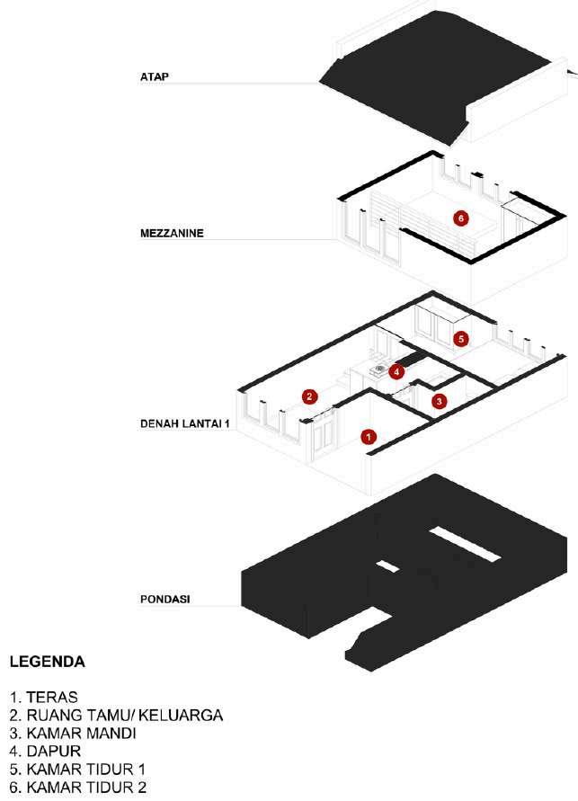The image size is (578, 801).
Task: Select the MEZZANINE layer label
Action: pos(172,233)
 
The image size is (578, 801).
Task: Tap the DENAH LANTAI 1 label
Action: pos(186,421)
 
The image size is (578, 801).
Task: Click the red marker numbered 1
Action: pos(367,437)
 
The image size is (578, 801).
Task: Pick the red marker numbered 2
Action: pos(309,396)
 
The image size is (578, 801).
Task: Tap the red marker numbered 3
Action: pos(439,402)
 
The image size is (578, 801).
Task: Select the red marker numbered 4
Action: pos(396,371)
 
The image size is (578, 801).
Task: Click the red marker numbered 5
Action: pos(461,339)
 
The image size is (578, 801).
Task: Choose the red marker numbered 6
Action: pos(460,218)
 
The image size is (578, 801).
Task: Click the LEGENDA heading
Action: pos(47,663)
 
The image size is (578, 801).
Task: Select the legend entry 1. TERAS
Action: pos(45,698)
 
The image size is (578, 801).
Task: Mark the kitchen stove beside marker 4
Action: pos(381,368)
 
